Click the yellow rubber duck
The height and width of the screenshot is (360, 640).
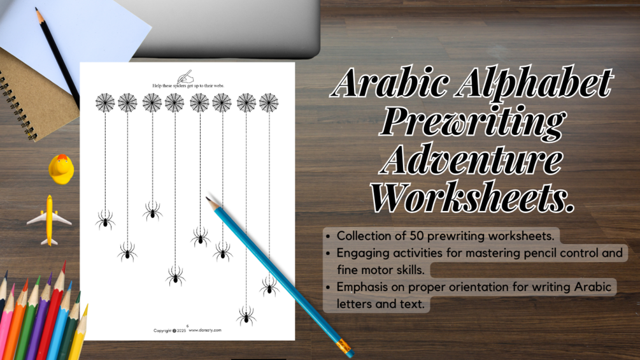(x=61, y=169)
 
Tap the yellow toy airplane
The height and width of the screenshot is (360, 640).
(x=49, y=219)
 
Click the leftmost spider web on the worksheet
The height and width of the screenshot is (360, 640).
(x=105, y=102)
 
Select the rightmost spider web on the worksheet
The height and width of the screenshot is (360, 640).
(x=269, y=102)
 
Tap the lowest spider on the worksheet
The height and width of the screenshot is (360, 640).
(x=246, y=315)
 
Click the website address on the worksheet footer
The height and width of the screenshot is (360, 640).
(x=205, y=330)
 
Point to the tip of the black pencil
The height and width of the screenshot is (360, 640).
(x=37, y=10)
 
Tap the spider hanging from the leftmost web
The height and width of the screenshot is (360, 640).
(x=105, y=220)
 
